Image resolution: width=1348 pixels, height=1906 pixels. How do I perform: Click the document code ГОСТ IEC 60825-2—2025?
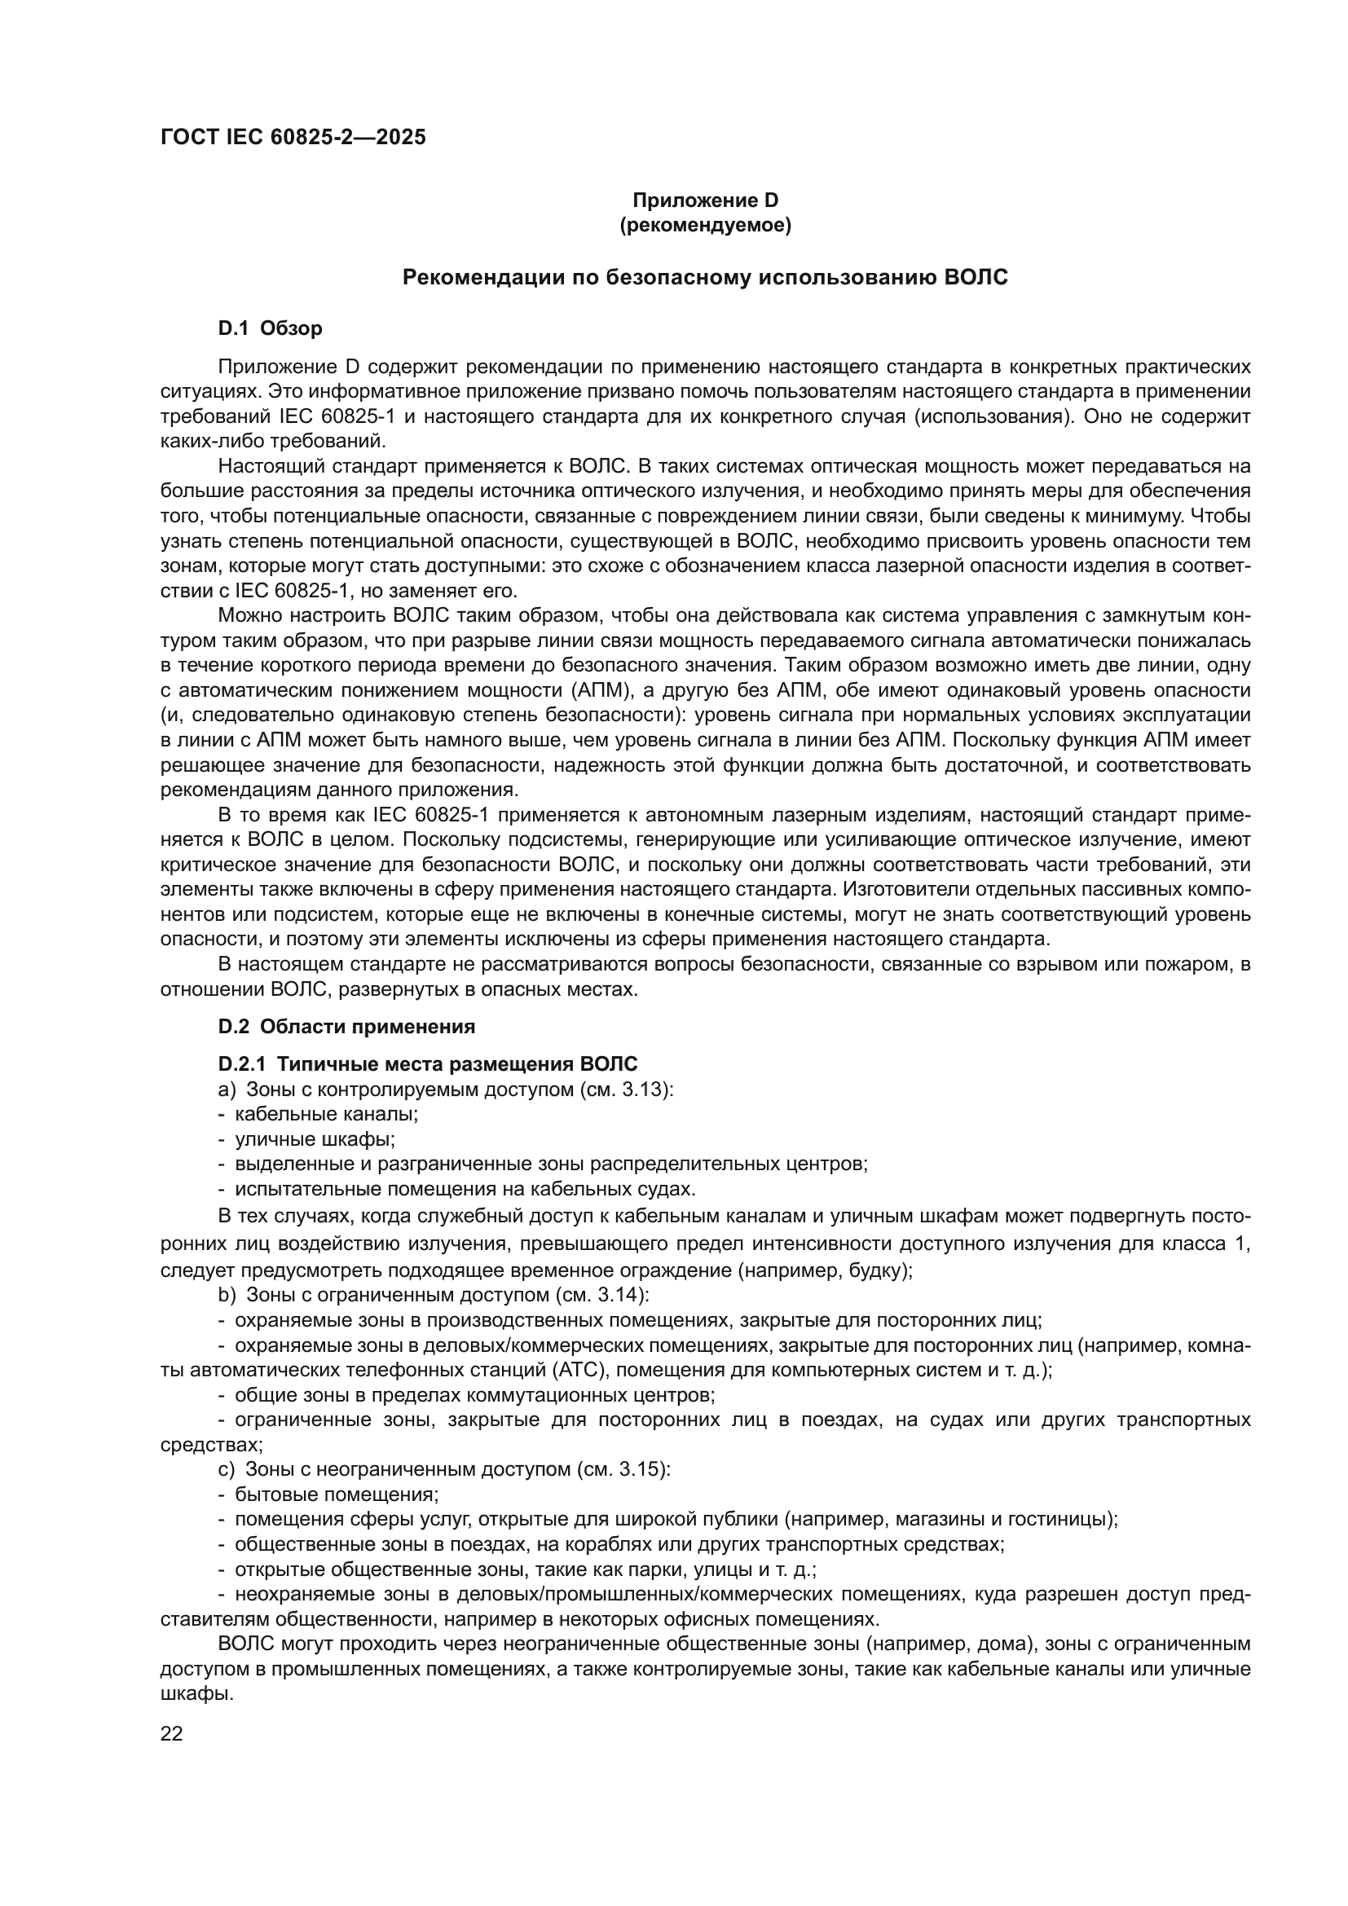pyautogui.click(x=293, y=137)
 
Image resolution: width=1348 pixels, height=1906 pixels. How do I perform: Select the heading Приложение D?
pyautogui.click(x=706, y=200)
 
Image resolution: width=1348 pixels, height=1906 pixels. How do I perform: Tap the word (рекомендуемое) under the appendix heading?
pyautogui.click(x=706, y=225)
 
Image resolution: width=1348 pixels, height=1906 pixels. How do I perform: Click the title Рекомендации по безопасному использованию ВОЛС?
pyautogui.click(x=705, y=277)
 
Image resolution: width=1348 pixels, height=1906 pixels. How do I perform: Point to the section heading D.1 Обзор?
pyautogui.click(x=270, y=328)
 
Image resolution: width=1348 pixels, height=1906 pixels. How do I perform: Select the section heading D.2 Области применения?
pyautogui.click(x=346, y=1027)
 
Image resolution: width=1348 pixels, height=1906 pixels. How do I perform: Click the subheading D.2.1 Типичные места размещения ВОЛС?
pyautogui.click(x=428, y=1064)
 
